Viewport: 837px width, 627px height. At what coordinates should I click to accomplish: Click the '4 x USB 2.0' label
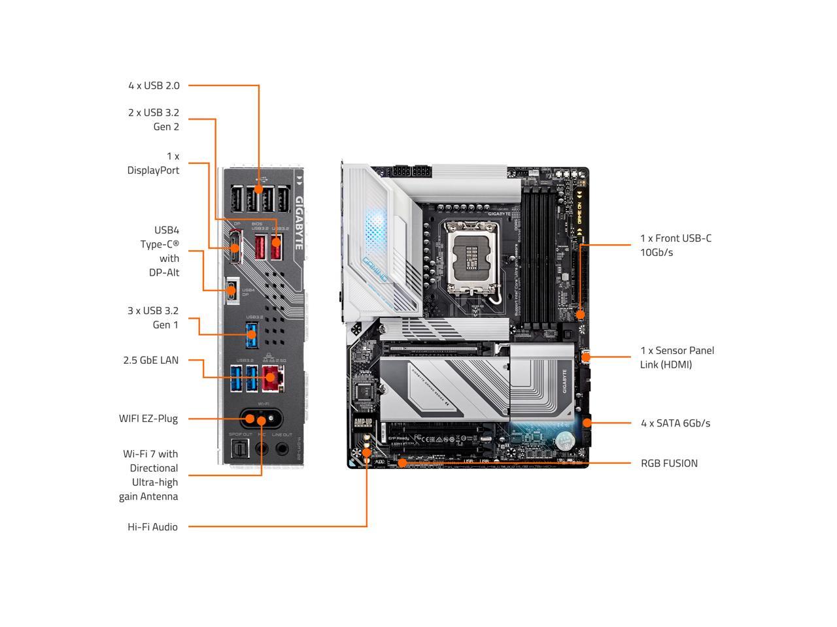coord(154,86)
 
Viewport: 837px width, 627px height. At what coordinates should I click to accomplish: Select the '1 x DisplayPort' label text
coord(154,163)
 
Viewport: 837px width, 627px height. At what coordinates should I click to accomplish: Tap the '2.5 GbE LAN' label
coord(150,360)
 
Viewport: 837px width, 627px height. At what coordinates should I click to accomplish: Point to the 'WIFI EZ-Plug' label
coord(148,419)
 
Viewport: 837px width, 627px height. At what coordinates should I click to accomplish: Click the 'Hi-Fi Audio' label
coord(152,527)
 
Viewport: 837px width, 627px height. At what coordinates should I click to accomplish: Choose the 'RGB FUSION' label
coord(669,463)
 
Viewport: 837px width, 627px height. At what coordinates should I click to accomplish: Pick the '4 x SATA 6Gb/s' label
coord(675,423)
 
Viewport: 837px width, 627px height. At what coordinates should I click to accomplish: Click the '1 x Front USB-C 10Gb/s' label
coord(675,245)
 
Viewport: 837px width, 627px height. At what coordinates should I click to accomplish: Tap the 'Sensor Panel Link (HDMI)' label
coord(677,357)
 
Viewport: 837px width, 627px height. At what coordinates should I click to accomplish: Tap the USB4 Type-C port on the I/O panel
coord(231,291)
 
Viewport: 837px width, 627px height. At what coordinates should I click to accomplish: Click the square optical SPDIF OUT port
coord(236,449)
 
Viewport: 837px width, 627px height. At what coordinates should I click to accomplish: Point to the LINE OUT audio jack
coord(282,449)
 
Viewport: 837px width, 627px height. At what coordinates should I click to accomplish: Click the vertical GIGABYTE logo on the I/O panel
coord(299,222)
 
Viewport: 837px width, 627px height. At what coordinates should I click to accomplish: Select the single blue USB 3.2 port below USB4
coord(252,336)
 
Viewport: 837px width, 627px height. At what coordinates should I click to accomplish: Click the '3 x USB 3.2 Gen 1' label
coord(153,317)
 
